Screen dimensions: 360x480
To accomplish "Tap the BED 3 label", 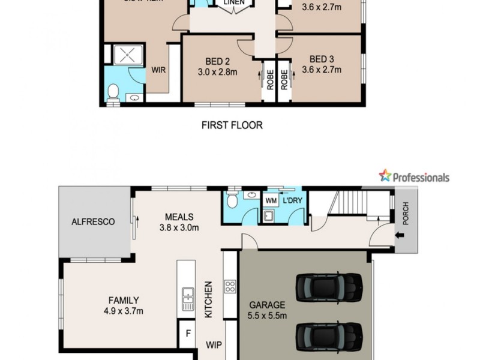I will coord(322,59).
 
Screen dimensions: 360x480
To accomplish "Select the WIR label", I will coord(158,70).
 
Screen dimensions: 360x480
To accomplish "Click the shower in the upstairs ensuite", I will coord(127,56).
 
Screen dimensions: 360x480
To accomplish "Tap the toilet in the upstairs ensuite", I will coord(112,91).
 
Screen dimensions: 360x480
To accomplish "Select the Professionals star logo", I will coord(384,176).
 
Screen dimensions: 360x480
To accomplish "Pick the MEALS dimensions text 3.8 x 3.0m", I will coord(179,227).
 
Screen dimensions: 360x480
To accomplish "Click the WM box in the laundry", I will coord(270,199).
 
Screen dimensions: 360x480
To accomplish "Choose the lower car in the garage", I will coord(329,332).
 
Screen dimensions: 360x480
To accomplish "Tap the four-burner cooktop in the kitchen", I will coord(229,286).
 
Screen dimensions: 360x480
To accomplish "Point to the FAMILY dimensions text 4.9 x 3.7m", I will coord(123,311).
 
